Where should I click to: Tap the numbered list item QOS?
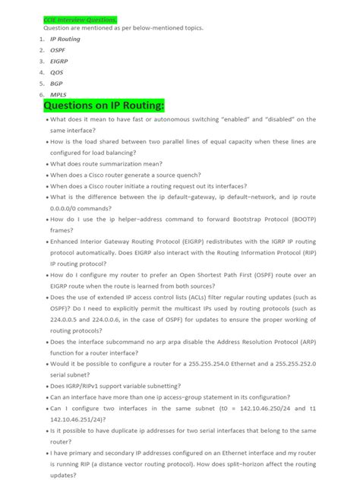tap(57, 72)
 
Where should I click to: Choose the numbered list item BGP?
tap(57, 84)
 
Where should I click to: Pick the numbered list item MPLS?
tap(58, 95)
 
